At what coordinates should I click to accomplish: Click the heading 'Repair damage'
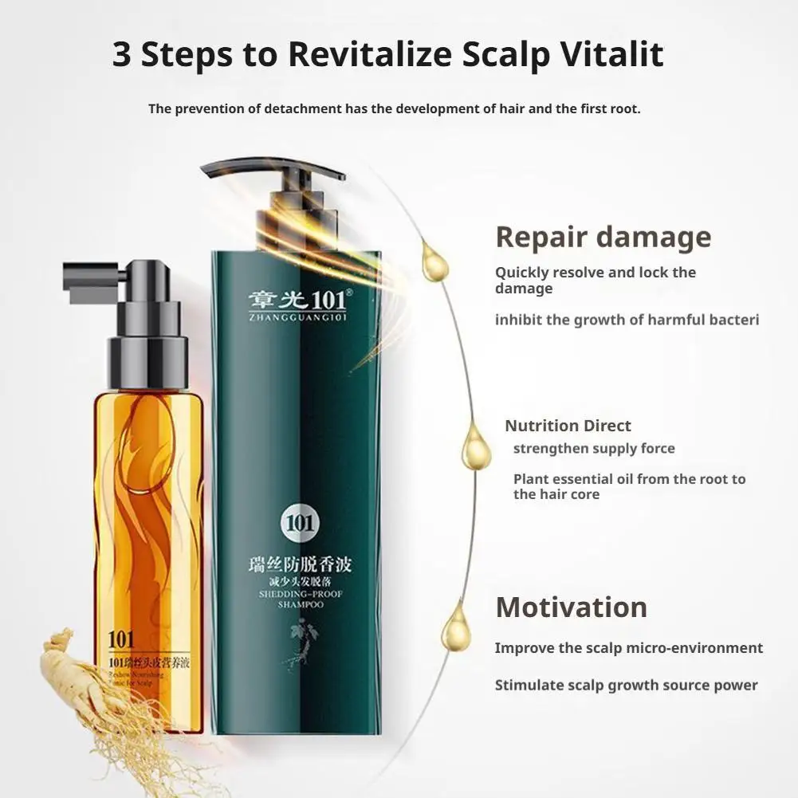point(603,238)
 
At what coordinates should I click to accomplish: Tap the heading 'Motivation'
point(571,607)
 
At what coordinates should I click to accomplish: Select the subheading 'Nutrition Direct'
point(568,426)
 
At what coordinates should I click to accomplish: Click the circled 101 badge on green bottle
point(301,524)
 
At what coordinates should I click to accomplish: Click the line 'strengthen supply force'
point(594,449)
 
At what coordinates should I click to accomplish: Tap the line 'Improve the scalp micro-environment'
point(628,648)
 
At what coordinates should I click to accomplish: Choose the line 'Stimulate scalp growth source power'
point(626,686)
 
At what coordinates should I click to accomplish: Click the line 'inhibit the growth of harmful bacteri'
point(627,320)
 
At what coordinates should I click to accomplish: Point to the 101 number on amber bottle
point(123,639)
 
